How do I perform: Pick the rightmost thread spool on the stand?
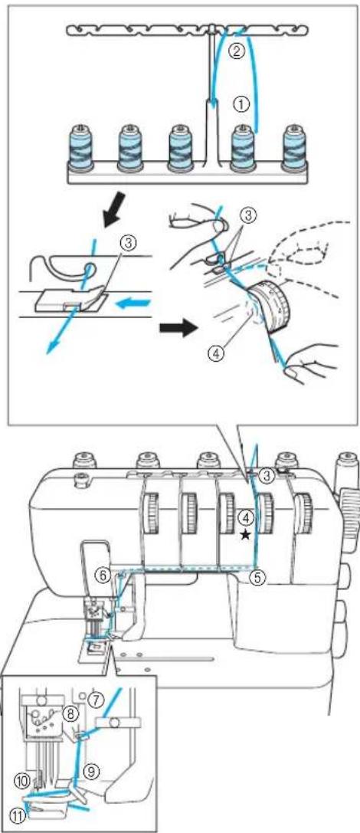click(x=294, y=145)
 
